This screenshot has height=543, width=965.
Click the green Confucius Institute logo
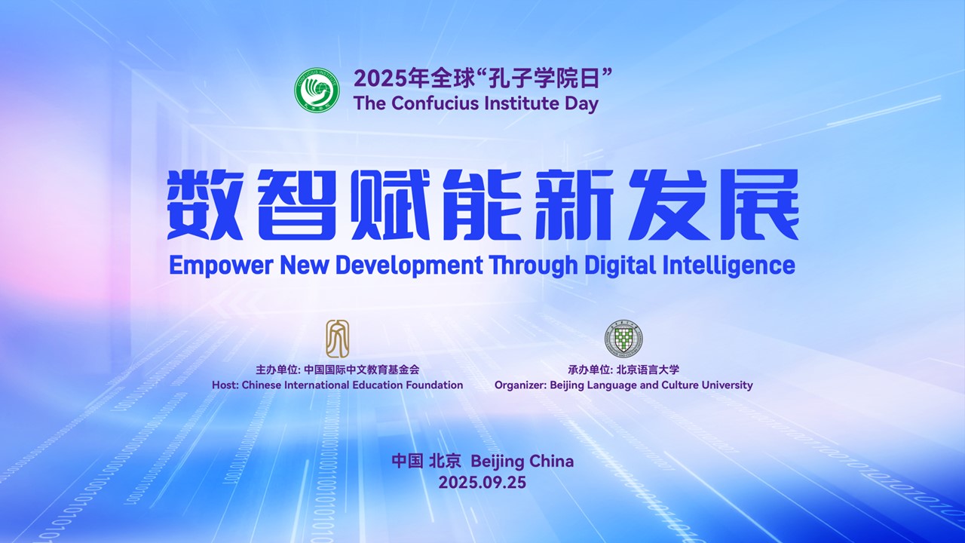pos(317,89)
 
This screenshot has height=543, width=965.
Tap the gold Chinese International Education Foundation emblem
pos(337,339)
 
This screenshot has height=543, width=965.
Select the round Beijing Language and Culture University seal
pos(623,339)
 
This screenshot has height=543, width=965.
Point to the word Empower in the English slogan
pos(221,265)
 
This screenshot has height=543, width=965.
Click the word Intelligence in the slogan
pos(728,265)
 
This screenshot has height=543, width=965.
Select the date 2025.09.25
pos(482,482)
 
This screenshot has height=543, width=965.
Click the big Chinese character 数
pos(204,204)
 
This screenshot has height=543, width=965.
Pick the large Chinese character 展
pos(761,204)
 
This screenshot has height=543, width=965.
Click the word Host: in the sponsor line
pos(225,385)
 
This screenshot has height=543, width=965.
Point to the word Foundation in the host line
pos(434,385)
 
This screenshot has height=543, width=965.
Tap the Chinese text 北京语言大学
pos(648,370)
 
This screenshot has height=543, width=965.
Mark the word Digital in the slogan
pos(620,265)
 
